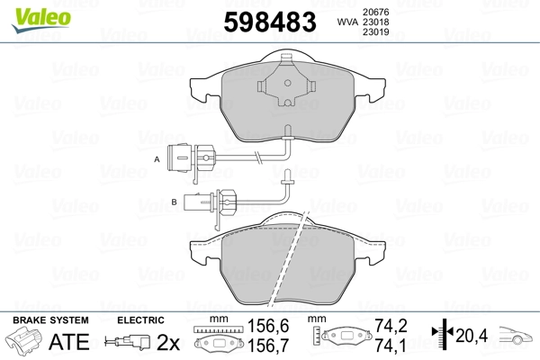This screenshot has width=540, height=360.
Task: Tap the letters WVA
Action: click(321, 21)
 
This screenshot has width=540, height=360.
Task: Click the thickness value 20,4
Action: click(471, 336)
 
